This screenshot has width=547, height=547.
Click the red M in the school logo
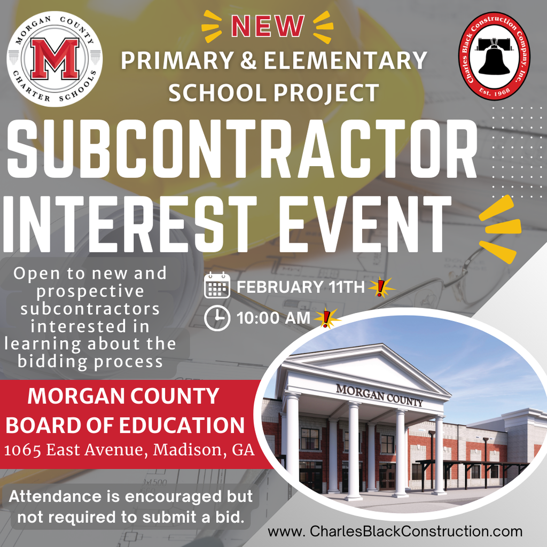pos(54,59)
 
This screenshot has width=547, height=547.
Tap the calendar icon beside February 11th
pos(217,285)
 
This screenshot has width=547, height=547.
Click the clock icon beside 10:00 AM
pos(217,318)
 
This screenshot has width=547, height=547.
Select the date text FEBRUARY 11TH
pos(300,287)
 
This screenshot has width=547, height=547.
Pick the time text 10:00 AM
pos(273,318)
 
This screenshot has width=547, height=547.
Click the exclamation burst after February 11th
pos(381,287)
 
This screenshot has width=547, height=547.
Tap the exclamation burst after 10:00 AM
pos(326,318)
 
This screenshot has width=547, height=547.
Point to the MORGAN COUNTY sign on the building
pos(379,395)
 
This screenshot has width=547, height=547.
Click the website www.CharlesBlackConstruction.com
pos(395,532)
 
